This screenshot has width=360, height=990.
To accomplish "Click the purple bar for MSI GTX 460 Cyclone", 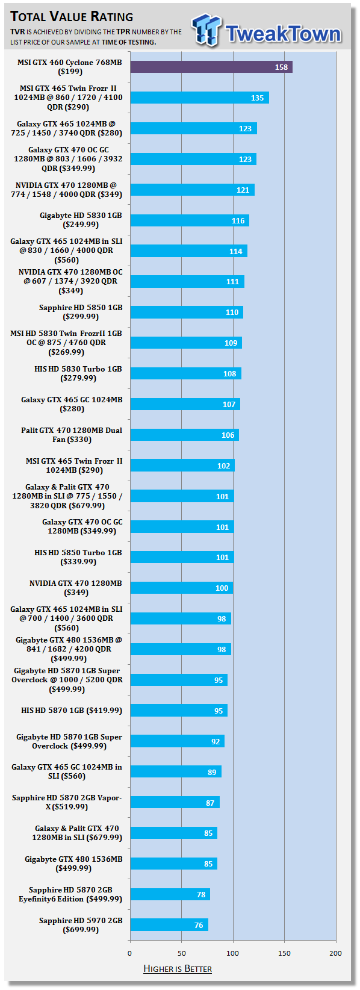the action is click(x=211, y=67).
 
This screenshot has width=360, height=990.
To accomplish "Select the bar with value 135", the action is click(x=200, y=98).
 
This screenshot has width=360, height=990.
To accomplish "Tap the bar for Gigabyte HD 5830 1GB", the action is click(x=190, y=220).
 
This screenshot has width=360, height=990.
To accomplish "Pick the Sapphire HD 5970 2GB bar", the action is click(x=169, y=925).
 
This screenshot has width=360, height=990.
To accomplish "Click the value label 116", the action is click(x=238, y=220).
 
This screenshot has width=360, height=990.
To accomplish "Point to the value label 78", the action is click(x=201, y=894).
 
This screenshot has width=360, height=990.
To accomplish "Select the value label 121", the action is click(x=243, y=190).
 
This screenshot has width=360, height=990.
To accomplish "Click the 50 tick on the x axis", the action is click(x=182, y=953).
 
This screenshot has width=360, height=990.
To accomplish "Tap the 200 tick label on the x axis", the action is click(x=336, y=953).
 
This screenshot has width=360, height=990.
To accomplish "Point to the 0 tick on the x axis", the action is click(x=130, y=953).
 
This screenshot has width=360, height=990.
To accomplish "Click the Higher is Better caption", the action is click(x=178, y=970).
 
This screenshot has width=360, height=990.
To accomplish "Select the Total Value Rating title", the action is click(x=72, y=17).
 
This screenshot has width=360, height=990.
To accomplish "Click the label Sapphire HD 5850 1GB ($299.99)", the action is click(x=81, y=312).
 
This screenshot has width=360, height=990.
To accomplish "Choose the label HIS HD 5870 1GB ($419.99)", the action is click(x=72, y=710).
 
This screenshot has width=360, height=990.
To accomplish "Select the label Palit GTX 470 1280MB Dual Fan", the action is click(x=72, y=435).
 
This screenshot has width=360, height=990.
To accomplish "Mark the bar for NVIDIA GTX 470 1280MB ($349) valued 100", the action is click(x=182, y=588).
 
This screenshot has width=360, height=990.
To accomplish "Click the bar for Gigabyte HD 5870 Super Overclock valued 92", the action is click(x=177, y=741).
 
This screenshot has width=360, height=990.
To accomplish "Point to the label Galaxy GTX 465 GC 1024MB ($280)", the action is click(x=72, y=404).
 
